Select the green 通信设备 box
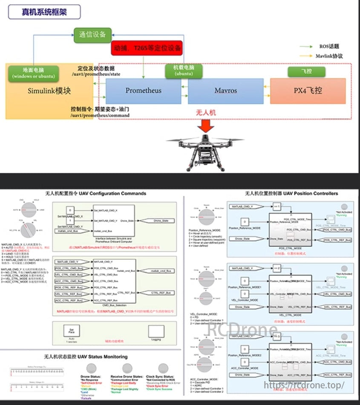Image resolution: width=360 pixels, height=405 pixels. (92, 35)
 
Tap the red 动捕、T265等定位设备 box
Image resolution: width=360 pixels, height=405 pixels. (147, 49)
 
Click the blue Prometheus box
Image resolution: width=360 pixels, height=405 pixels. (143, 90)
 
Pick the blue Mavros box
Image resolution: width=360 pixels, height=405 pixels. (225, 90)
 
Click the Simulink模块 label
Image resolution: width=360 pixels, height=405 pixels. (49, 91)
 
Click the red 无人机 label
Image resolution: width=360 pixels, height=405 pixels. (206, 113)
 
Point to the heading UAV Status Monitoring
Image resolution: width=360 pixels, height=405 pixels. (86, 356)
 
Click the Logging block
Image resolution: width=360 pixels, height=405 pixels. (156, 332)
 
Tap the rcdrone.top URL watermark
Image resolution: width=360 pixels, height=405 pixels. (304, 385)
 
